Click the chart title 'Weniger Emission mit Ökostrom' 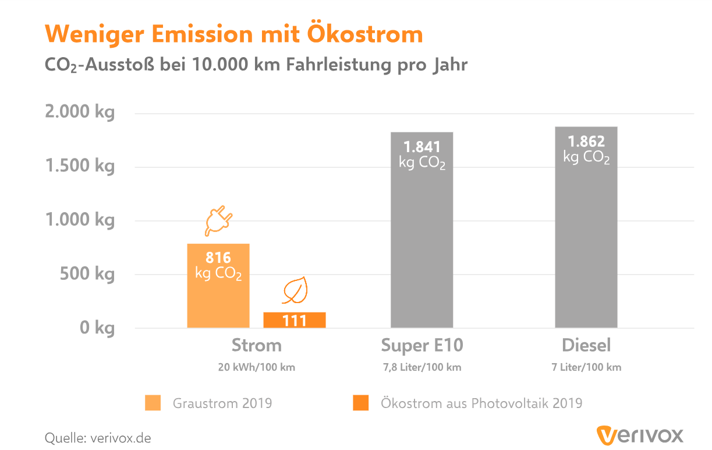click(x=234, y=34)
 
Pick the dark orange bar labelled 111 click(x=295, y=321)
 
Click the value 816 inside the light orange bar click(x=218, y=258)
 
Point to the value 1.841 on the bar click(x=422, y=147)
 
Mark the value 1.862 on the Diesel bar click(x=586, y=142)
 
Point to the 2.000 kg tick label click(x=80, y=112)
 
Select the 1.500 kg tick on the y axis click(x=80, y=166)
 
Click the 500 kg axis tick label click(x=87, y=274)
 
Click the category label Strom click(x=256, y=346)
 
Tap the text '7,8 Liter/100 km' click(x=422, y=367)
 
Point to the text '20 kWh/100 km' click(x=256, y=367)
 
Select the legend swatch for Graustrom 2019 click(x=153, y=403)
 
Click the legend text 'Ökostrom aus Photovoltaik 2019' click(x=481, y=403)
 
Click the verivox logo click(x=639, y=435)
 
